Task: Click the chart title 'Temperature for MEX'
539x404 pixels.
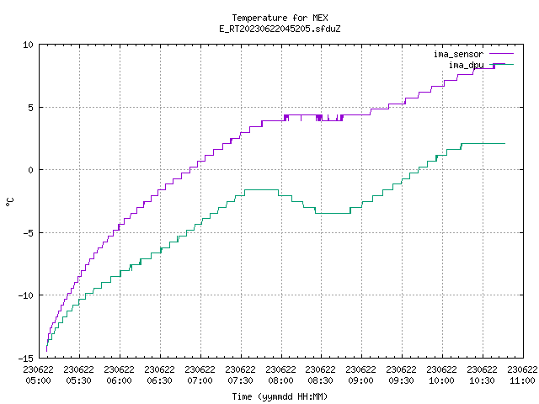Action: point(280,18)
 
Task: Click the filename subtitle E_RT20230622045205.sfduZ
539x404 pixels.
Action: point(280,29)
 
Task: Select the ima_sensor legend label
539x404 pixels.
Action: point(458,54)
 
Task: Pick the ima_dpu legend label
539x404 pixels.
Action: point(466,65)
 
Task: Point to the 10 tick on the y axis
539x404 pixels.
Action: point(28,45)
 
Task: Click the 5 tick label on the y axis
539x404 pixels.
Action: point(30,108)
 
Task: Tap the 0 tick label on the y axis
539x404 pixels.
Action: point(30,170)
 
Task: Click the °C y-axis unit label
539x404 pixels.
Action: point(9,202)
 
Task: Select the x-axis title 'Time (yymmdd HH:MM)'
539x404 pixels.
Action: point(280,396)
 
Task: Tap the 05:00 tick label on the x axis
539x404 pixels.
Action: point(39,380)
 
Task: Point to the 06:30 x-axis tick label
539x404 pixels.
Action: point(159,380)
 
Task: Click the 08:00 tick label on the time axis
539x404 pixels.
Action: point(280,380)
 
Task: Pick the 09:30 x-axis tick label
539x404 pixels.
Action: point(401,380)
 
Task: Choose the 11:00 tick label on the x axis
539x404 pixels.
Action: point(522,380)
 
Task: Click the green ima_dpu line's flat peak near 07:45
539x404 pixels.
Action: point(261,189)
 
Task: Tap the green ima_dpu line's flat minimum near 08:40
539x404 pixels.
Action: point(333,213)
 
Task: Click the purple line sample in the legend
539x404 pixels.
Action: point(502,54)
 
